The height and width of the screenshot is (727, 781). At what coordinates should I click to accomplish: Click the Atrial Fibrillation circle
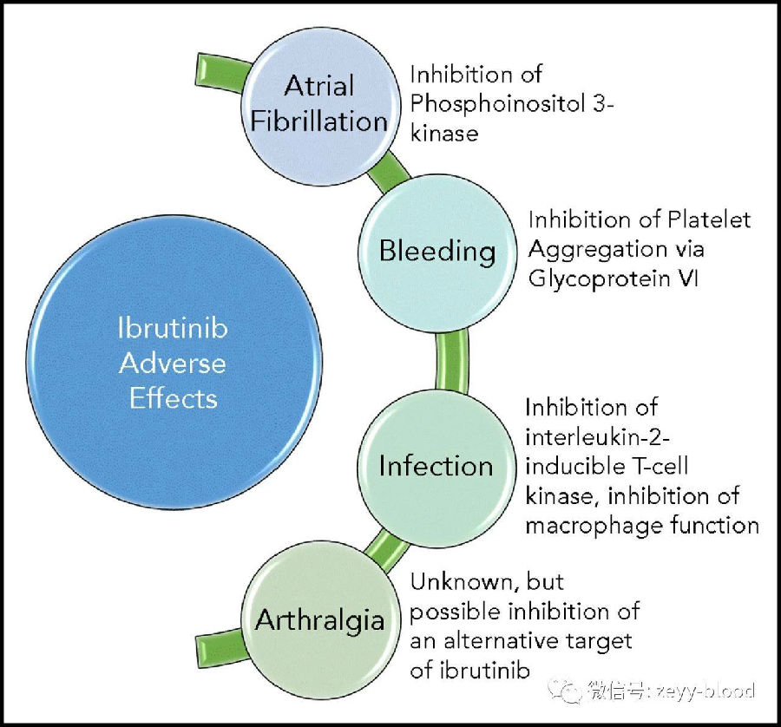pyautogui.click(x=320, y=107)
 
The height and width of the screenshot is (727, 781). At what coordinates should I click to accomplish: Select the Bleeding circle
pyautogui.click(x=436, y=253)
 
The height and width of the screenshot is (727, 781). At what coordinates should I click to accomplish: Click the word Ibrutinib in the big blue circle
pyautogui.click(x=173, y=328)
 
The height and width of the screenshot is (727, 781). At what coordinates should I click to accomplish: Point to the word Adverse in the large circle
pyautogui.click(x=173, y=363)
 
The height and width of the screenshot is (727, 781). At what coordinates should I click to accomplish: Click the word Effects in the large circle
pyautogui.click(x=174, y=399)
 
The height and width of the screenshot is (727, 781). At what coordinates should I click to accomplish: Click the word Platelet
pyautogui.click(x=709, y=219)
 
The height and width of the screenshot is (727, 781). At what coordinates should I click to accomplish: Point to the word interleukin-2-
pyautogui.click(x=598, y=438)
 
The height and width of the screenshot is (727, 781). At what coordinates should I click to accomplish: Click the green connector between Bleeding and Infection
pyautogui.click(x=452, y=361)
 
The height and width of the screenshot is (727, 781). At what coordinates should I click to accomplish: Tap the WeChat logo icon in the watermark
pyautogui.click(x=565, y=691)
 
